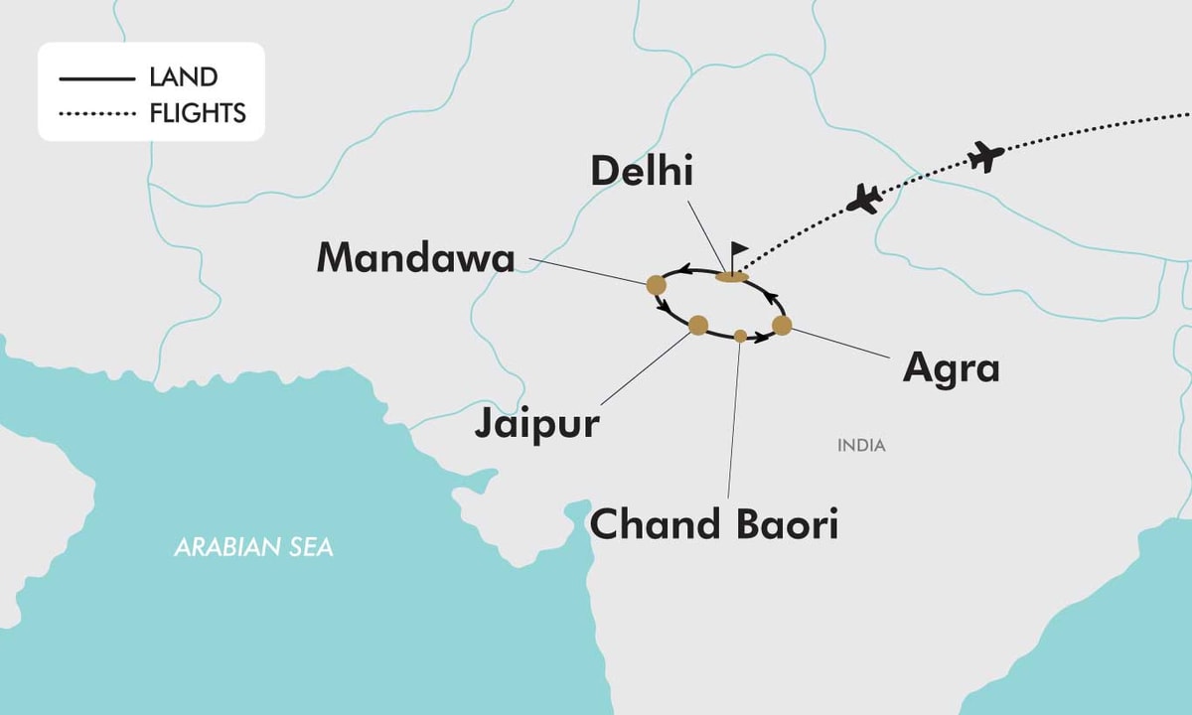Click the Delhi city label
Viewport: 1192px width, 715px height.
pos(641,171)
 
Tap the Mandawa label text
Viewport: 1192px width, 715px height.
pos(415,257)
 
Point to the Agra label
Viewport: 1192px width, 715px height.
pos(951,368)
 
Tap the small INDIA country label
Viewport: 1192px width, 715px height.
pos(860,446)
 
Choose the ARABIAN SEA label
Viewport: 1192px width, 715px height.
pos(254,547)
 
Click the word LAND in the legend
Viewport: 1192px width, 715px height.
pos(184,77)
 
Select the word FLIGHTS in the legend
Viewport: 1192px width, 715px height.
pos(198,113)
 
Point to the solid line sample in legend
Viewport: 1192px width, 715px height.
pos(96,78)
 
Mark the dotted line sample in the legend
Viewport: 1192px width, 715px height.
pos(96,114)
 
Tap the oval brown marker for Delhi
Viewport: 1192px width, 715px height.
pos(731,276)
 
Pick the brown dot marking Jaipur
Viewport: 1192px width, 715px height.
pos(698,325)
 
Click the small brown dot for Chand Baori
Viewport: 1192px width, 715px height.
pos(740,336)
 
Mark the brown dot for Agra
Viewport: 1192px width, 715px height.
pos(782,325)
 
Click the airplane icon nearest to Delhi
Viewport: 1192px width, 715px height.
pos(864,199)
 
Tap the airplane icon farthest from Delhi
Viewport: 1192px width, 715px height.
pos(984,156)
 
